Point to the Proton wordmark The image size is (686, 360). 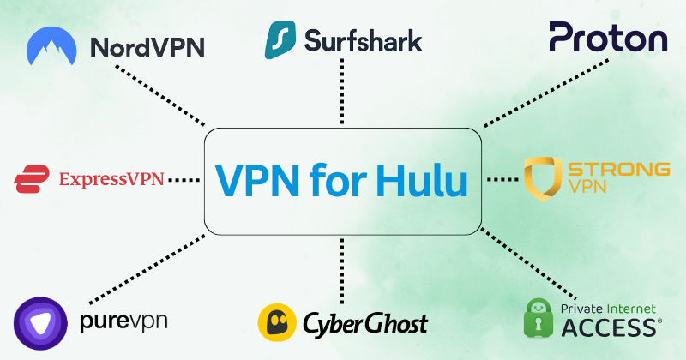(x=608, y=39)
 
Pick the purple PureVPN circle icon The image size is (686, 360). (x=40, y=321)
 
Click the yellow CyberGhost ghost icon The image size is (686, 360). (x=278, y=323)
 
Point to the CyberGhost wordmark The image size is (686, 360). (x=364, y=324)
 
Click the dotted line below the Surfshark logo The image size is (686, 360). (x=342, y=94)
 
